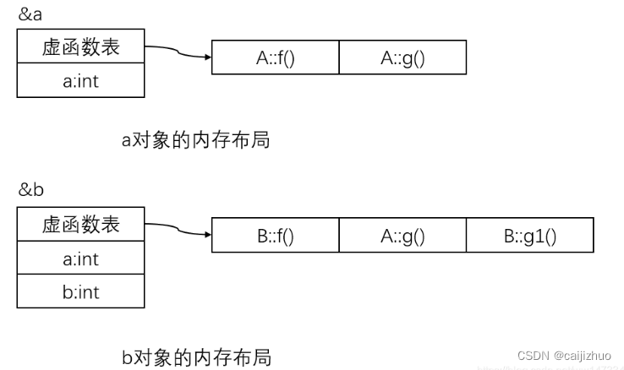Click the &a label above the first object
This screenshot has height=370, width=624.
(30, 14)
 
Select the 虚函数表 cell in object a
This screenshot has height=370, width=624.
(81, 47)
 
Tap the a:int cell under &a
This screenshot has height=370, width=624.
(81, 82)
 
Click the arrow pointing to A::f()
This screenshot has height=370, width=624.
(178, 53)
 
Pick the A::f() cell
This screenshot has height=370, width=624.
(275, 58)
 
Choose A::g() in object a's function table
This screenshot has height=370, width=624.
(402, 58)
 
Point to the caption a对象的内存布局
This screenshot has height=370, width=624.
(195, 140)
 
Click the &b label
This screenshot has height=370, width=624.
(30, 189)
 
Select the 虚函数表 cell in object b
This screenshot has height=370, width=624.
(81, 224)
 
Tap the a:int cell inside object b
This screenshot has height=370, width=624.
(81, 258)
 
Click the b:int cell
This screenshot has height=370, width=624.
(81, 291)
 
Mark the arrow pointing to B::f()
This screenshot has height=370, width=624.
(178, 231)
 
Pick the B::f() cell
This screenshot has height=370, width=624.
(275, 236)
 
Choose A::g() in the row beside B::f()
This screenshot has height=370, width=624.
(402, 236)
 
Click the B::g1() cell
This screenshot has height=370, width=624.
(530, 236)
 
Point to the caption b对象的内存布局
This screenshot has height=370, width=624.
(196, 356)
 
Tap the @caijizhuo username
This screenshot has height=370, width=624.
(583, 356)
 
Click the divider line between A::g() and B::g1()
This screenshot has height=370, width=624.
(467, 236)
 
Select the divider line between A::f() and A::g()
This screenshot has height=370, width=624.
(339, 58)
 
